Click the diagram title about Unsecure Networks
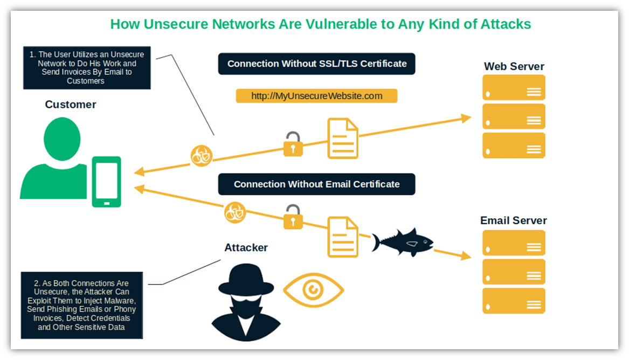tap(321, 24)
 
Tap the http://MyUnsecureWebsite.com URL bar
tap(316, 96)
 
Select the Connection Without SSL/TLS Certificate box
tap(316, 64)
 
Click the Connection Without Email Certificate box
tap(316, 184)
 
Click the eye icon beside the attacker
tap(313, 290)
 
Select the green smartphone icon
tap(106, 182)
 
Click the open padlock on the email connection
tap(293, 217)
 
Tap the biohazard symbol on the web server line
tap(202, 156)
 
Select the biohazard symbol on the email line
tap(235, 212)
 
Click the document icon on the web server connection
tap(343, 139)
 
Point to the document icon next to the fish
tap(343, 236)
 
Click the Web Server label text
tap(514, 66)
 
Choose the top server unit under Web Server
tap(514, 88)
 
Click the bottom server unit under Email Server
tap(514, 301)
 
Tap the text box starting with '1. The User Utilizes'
tap(86, 68)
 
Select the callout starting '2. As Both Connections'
tap(81, 305)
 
